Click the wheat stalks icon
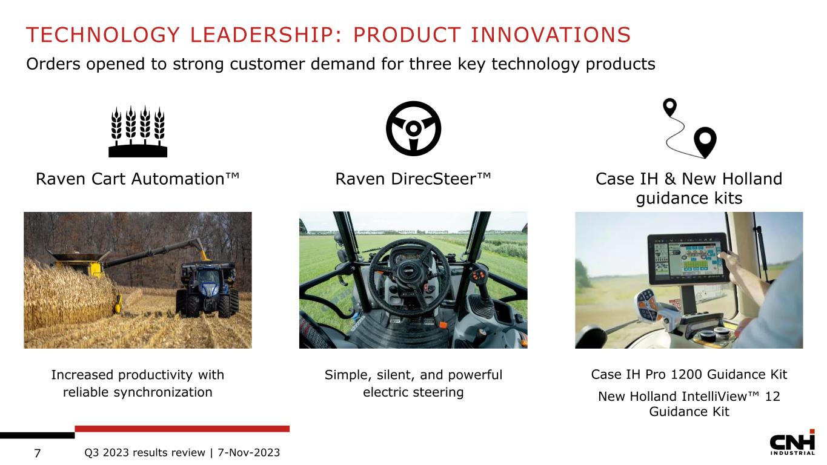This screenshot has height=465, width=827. (x=138, y=131)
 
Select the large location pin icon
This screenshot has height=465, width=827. (x=705, y=142)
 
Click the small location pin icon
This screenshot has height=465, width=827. (x=669, y=107)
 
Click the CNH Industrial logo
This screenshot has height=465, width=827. (x=792, y=442)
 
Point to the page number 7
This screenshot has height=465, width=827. (x=38, y=453)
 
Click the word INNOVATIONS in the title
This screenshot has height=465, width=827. (x=551, y=35)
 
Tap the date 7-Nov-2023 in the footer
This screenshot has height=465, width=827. (x=249, y=452)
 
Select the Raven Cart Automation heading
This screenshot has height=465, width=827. (x=138, y=179)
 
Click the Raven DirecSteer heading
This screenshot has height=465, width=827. (x=413, y=179)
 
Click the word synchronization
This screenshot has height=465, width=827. (x=163, y=392)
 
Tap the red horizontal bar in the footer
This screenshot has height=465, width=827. (x=182, y=429)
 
